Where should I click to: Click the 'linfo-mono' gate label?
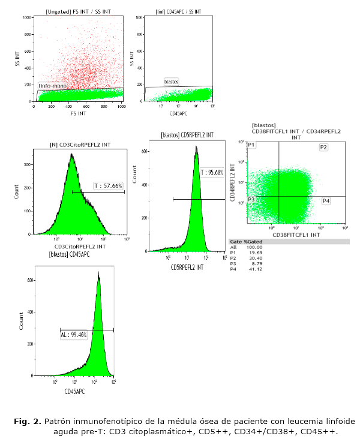[x=52, y=86]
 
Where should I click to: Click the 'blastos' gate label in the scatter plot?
[x=172, y=80]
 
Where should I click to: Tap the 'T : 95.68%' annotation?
[x=211, y=173]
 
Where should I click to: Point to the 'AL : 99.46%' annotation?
[x=74, y=335]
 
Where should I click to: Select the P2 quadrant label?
[x=323, y=147]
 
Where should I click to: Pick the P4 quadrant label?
[x=326, y=200]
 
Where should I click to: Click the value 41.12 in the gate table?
[x=254, y=269]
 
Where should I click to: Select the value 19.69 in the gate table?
[x=254, y=252]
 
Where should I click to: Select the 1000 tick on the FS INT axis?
[x=121, y=106]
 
